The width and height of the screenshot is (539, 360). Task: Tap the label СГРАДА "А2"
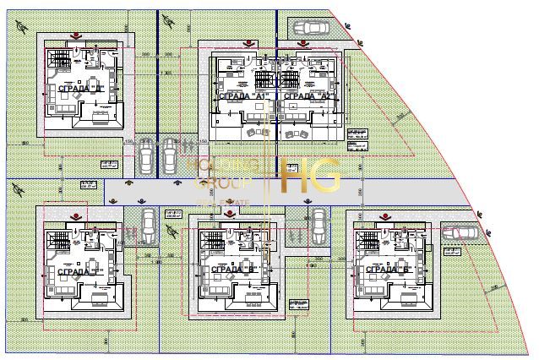coord(306,97)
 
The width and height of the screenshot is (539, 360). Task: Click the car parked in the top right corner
coord(311,28)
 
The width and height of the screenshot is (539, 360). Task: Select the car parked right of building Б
coord(460,232)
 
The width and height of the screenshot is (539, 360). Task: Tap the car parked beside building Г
coord(147,225)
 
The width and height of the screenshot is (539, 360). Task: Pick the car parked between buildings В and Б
coord(318,224)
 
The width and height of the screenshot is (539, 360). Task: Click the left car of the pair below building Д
coord(147,155)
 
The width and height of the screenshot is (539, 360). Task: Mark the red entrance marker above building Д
coord(77,35)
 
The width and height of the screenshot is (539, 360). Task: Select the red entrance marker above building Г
coord(77,212)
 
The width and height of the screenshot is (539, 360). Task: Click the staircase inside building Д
coord(57,60)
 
